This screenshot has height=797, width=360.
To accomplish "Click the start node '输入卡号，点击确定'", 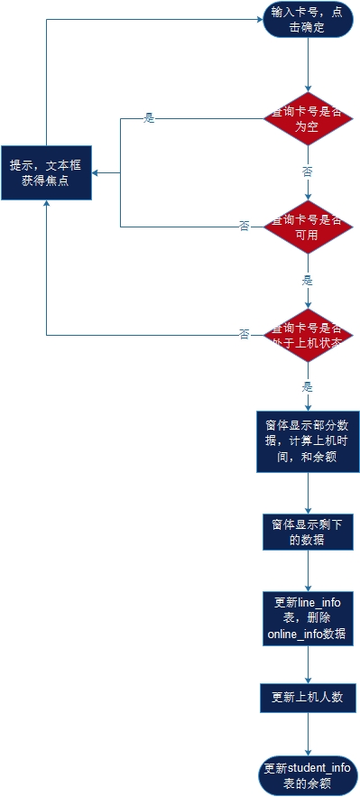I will pos(307,19).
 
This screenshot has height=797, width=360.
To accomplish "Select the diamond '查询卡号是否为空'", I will pos(307,119).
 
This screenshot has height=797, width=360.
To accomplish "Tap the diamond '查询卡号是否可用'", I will pos(307,227).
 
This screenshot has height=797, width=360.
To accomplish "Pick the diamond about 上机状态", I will pos(307,335).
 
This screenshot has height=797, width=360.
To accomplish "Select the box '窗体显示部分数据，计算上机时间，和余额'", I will pos(307,441).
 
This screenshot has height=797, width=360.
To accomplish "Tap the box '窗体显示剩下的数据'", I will pos(307,532).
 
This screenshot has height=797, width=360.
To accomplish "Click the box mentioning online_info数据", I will pos(307,618).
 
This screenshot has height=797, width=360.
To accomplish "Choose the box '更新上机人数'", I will pos(307,697).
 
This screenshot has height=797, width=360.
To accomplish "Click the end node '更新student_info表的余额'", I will pos(307,775).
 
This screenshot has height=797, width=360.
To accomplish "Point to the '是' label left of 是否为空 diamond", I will pos(150,118).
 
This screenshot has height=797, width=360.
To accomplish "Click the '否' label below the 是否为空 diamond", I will pos(308,171).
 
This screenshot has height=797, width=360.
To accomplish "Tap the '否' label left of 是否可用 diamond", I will pos(244,226).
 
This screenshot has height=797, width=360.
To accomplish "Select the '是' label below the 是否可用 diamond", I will pos(308,280).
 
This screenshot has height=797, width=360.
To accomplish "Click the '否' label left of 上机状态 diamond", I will pos(244,334).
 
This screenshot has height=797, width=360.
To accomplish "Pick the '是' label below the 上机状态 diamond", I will pos(308,386).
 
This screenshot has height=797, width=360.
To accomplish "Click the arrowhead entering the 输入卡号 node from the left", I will pos(259,19).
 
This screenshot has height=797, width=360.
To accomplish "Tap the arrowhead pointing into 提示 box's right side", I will pos(96,172).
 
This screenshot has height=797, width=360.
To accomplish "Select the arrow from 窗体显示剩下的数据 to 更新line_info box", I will pos(308,570).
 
